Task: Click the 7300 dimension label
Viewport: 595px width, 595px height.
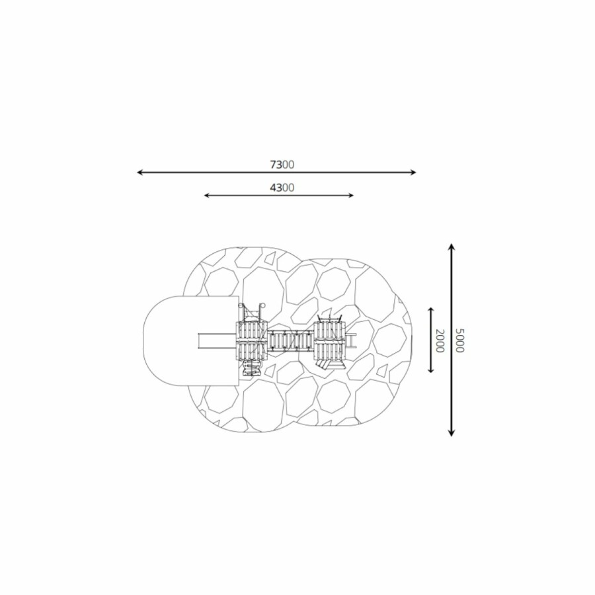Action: [x=282, y=165]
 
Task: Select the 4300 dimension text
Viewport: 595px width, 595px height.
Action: [x=282, y=188]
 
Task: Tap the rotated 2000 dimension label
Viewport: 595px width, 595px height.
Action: [x=440, y=340]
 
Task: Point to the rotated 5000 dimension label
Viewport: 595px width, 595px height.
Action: [x=459, y=340]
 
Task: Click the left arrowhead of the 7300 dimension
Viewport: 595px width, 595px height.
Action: [x=139, y=173]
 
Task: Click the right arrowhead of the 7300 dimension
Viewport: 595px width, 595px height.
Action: [x=413, y=173]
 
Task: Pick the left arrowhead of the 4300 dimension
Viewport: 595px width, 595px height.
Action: [x=207, y=196]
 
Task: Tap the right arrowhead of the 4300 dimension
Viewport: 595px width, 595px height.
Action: [x=351, y=196]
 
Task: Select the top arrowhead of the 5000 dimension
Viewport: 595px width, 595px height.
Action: [x=451, y=247]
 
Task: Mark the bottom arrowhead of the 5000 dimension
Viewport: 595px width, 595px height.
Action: [x=451, y=433]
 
